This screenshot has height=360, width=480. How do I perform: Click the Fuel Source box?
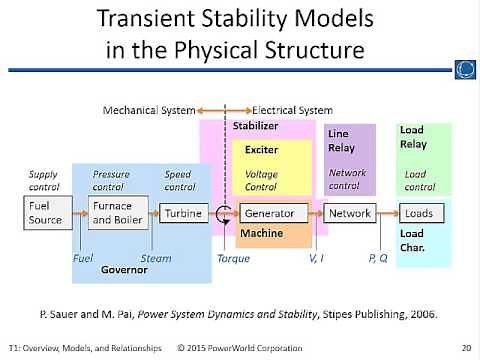[x=45, y=213]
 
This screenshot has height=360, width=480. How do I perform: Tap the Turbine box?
[x=184, y=213]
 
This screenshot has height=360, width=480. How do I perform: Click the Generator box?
[x=268, y=213]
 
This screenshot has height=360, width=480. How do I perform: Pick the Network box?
[x=350, y=213]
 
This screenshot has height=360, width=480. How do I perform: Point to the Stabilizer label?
[x=256, y=127]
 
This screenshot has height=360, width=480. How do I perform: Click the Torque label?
[x=232, y=258]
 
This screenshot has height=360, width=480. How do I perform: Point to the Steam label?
[x=155, y=258]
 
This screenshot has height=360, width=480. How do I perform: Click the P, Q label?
[x=379, y=258]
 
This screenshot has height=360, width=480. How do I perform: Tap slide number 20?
[x=465, y=349]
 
